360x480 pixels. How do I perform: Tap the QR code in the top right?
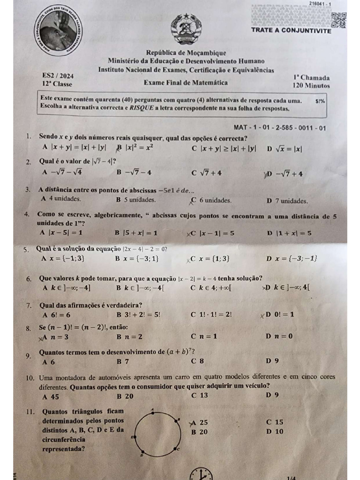[x=338, y=19]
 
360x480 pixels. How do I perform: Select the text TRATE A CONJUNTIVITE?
[x=291, y=31]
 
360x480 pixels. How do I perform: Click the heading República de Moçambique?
[x=186, y=53]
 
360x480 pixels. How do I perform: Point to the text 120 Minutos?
[x=311, y=86]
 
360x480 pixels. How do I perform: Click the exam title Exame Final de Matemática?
[x=186, y=83]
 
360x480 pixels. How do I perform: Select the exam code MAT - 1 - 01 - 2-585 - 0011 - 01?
[x=279, y=127]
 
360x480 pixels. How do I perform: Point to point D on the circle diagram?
[x=142, y=455]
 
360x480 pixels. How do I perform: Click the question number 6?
[x=29, y=279]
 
